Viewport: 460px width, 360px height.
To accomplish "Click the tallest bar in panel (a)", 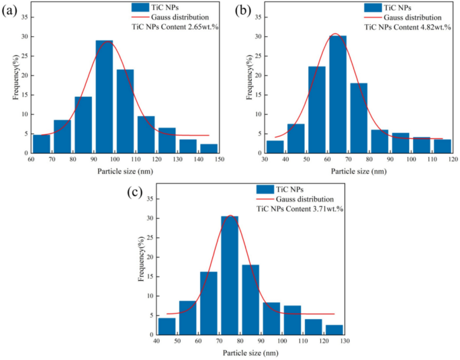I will pos(104,97).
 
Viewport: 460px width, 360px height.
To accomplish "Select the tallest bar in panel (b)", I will pos(338,94).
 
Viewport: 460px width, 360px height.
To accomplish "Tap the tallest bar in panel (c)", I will pos(230,275).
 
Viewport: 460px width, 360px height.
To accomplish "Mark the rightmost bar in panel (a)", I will pos(209,148).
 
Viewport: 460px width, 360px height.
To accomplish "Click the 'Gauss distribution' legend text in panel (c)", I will pos(304,199).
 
